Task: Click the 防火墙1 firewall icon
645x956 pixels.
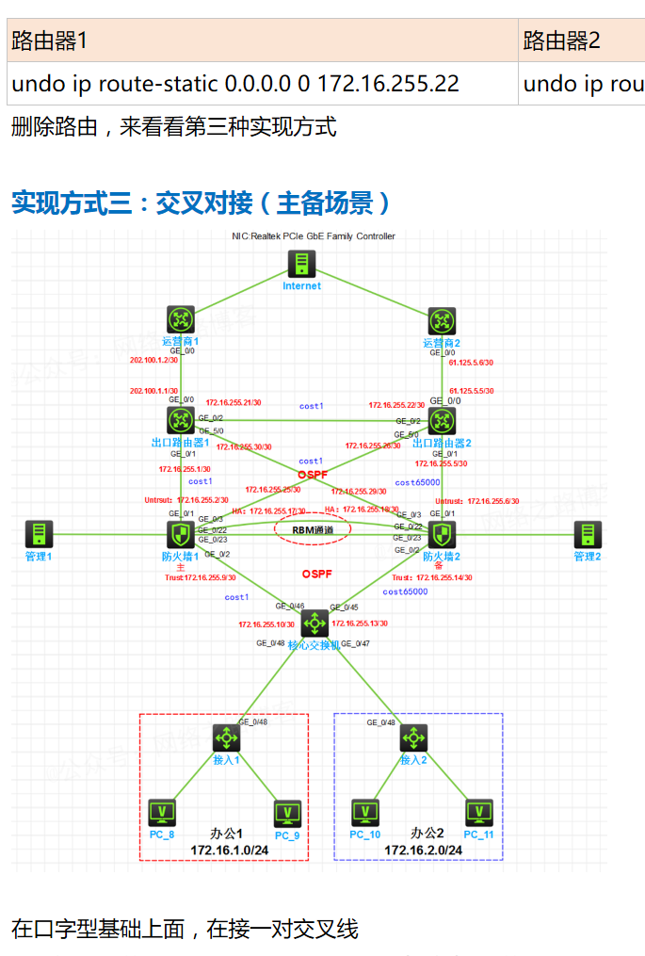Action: [x=180, y=535]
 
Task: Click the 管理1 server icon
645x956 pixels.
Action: [x=39, y=535]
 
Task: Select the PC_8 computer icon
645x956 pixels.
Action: [x=162, y=812]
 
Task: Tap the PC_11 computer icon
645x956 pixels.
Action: [x=478, y=812]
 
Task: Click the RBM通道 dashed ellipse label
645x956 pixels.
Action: [x=313, y=530]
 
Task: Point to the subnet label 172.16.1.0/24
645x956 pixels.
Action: [x=230, y=851]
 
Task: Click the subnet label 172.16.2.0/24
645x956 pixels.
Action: [x=423, y=851]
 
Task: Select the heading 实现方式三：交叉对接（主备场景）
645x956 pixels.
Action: [x=201, y=203]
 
